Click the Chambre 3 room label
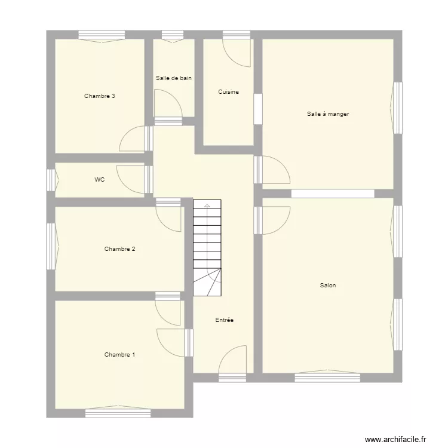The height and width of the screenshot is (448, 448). pyautogui.click(x=100, y=96)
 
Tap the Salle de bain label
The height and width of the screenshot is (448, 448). pyautogui.click(x=174, y=78)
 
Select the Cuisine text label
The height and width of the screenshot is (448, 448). pyautogui.click(x=229, y=91)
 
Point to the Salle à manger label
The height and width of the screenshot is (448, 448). pyautogui.click(x=328, y=113)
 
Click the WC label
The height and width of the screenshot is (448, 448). pyautogui.click(x=99, y=179)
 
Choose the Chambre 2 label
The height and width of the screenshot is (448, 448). pyautogui.click(x=119, y=248)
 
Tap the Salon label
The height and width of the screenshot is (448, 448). pyautogui.click(x=328, y=285)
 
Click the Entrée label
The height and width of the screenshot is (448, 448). pyautogui.click(x=225, y=320)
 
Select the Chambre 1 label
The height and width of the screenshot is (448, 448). pyautogui.click(x=119, y=354)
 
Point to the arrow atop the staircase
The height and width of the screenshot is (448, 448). pyautogui.click(x=207, y=205)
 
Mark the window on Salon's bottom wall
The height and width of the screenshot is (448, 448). pyautogui.click(x=327, y=377)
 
